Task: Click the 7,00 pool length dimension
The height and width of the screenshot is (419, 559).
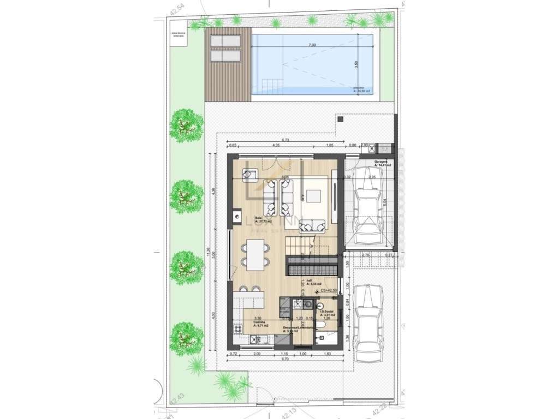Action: [x=312, y=45]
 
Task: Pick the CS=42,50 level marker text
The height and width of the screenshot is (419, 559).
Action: [x=330, y=291]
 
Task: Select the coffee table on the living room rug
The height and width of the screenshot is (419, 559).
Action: [x=313, y=196]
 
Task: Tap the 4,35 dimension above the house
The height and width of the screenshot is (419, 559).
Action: [x=276, y=145]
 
